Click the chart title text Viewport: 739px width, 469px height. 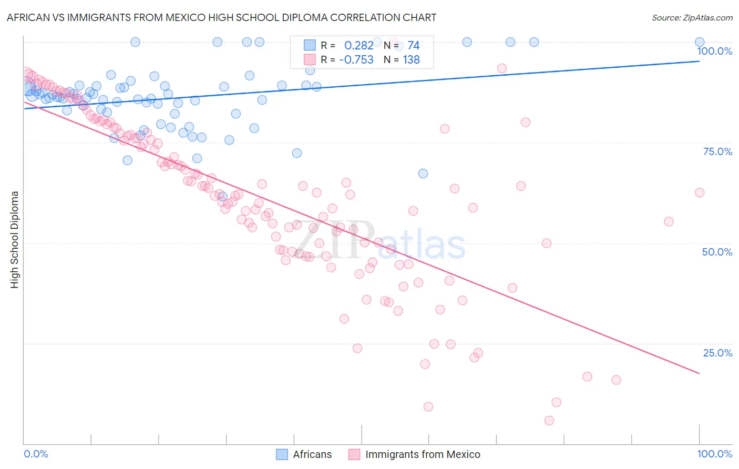click(221, 17)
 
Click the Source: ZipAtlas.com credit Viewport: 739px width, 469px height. click(692, 17)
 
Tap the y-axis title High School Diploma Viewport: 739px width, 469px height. click(15, 239)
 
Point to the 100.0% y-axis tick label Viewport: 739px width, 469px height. click(714, 51)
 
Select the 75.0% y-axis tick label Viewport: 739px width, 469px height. click(717, 151)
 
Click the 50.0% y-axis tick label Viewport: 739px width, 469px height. click(717, 252)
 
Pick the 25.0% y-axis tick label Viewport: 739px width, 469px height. click(717, 353)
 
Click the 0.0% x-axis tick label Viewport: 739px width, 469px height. click(36, 454)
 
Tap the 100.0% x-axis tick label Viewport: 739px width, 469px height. click(714, 454)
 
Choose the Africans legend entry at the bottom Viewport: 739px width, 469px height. click(312, 454)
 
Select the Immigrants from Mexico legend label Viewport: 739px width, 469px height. click(423, 454)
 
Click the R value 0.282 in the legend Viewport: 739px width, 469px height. click(358, 45)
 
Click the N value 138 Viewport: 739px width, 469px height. click(411, 59)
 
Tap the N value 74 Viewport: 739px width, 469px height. click(413, 45)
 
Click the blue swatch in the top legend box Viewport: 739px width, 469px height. click(310, 45)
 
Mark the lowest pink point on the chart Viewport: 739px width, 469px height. click(549, 421)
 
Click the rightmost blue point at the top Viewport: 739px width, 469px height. click(700, 42)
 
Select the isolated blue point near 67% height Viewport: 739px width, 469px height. click(423, 174)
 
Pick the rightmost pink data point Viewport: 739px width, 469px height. click(700, 192)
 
